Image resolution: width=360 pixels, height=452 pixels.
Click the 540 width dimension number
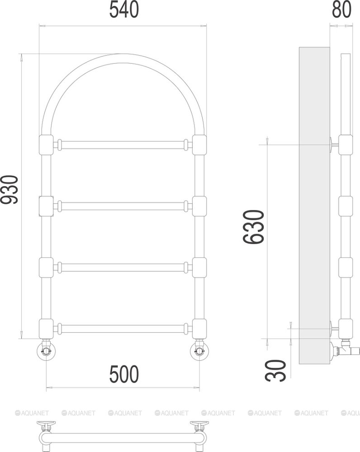pyautogui.click(x=124, y=10)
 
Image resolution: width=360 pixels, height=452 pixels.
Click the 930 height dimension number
pyautogui.click(x=9, y=189)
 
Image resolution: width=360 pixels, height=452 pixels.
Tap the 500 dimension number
pyautogui.click(x=124, y=374)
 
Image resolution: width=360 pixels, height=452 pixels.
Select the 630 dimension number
pyautogui.click(x=254, y=227)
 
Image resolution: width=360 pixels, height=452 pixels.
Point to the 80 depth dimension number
pyautogui.click(x=341, y=9)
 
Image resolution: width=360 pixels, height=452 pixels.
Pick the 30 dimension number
pyautogui.click(x=276, y=371)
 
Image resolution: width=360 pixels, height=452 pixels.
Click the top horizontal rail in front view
pyautogui.click(x=123, y=145)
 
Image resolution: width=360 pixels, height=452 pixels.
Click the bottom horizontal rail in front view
pyautogui.click(x=123, y=329)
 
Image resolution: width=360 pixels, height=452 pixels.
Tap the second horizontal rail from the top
pyautogui.click(x=123, y=206)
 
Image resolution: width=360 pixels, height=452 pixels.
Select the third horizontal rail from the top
pyautogui.click(x=123, y=267)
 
